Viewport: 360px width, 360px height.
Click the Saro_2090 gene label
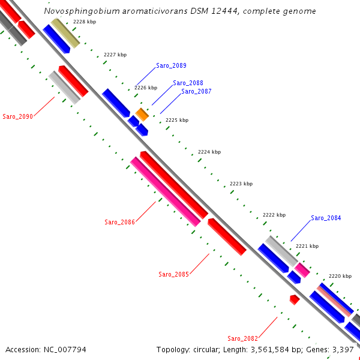click(17, 116)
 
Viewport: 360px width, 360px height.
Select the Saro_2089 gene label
click(172, 65)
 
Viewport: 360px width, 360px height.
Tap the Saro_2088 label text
click(188, 83)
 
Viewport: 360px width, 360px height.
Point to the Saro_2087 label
click(196, 91)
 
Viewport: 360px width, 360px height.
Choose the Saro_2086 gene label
click(119, 222)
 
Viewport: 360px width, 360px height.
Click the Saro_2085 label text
click(173, 274)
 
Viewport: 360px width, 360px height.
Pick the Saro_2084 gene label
click(326, 218)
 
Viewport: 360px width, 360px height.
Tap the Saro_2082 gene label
click(242, 338)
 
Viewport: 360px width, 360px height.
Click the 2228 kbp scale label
click(85, 22)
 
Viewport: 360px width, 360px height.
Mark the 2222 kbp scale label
click(274, 215)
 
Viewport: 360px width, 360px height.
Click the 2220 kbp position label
click(340, 276)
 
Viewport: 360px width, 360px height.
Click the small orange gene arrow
click(142, 114)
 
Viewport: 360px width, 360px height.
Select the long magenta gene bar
click(165, 191)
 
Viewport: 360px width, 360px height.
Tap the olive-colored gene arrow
click(65, 32)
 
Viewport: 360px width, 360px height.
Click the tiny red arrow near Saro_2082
click(294, 299)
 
